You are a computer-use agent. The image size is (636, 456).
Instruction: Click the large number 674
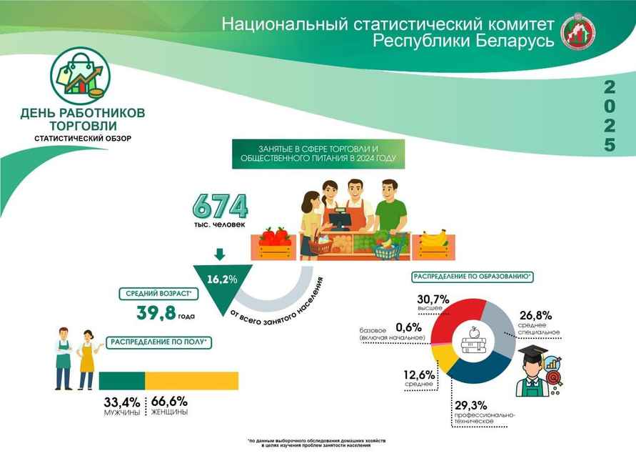tap(220, 207)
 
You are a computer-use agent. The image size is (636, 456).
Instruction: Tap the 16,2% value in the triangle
tap(222, 279)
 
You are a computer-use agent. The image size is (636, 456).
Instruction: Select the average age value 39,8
tap(157, 313)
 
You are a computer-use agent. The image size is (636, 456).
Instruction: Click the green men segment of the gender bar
tap(121, 380)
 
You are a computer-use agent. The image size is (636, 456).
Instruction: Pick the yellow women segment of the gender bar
tap(191, 380)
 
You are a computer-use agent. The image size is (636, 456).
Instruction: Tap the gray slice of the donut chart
tap(498, 330)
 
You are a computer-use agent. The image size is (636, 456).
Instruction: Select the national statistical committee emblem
tap(577, 32)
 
